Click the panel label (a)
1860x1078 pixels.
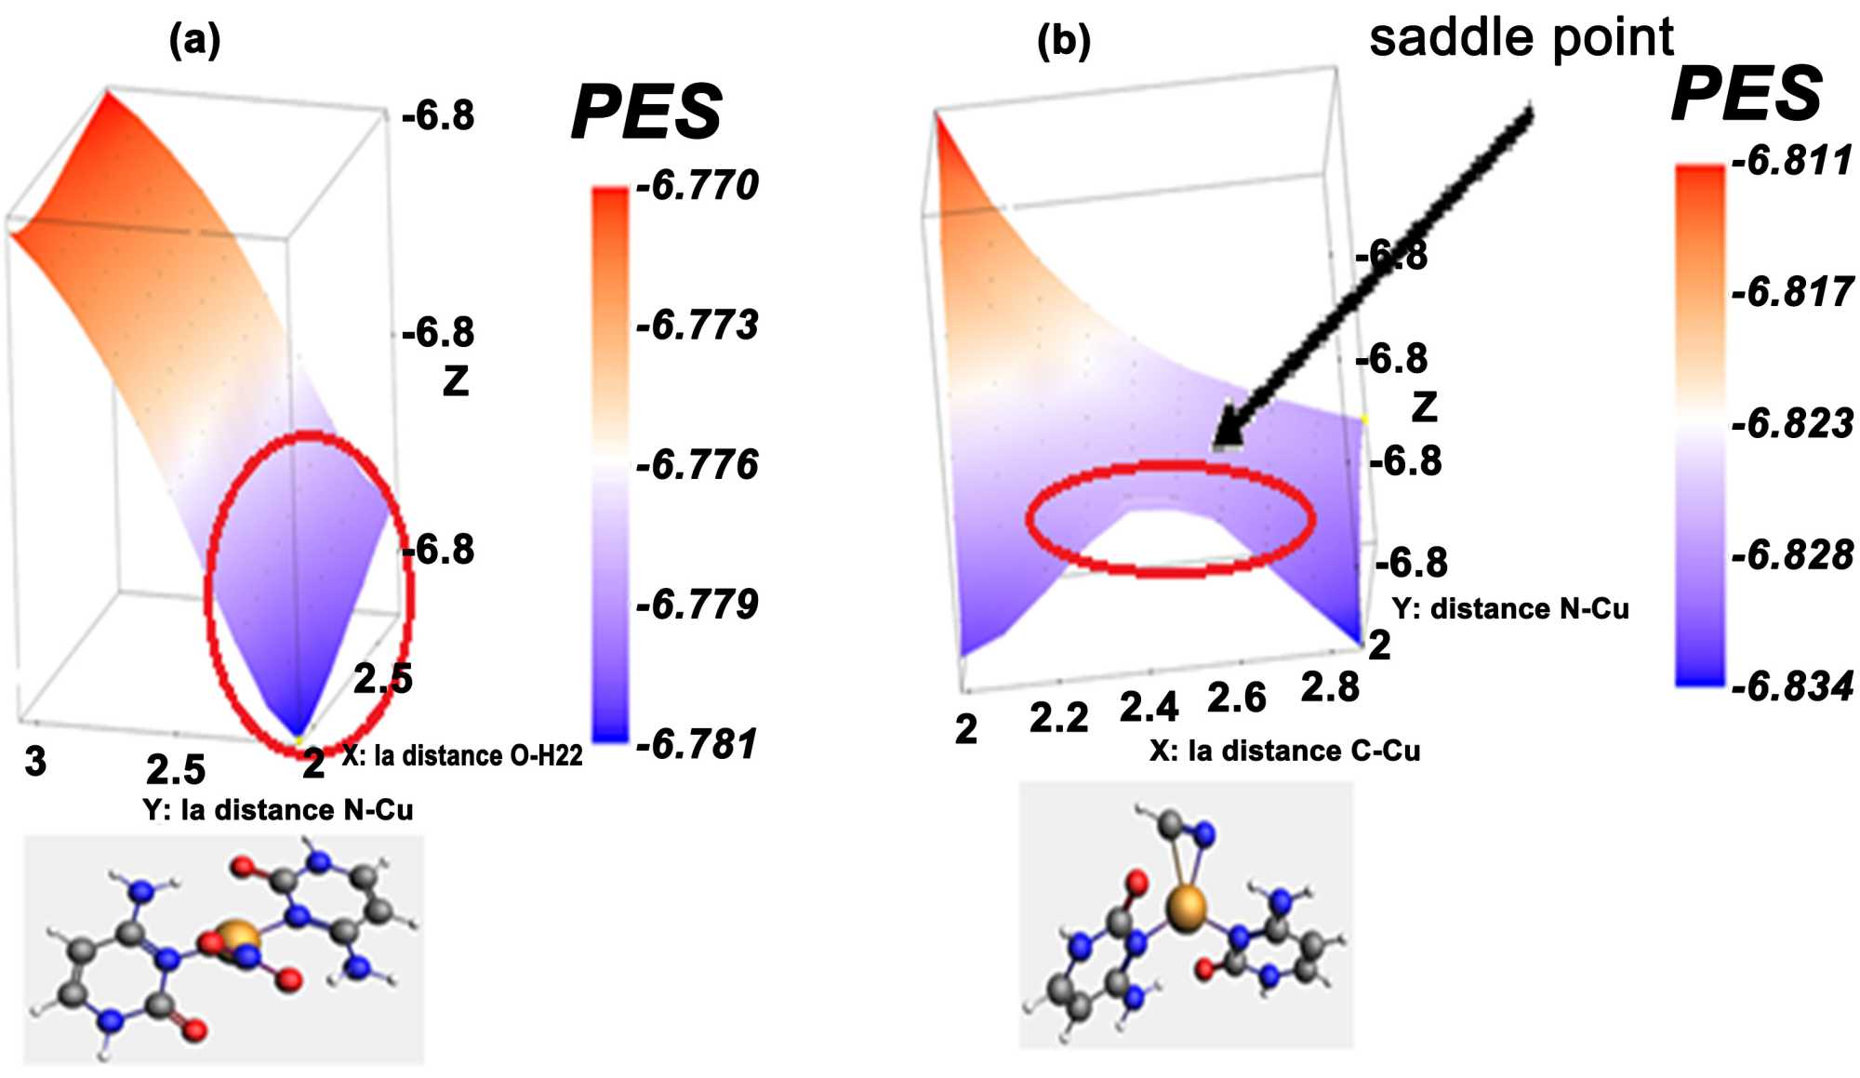tap(194, 40)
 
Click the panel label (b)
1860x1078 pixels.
tap(1063, 40)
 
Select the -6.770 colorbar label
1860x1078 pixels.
tap(697, 185)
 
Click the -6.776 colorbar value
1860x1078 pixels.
tap(697, 464)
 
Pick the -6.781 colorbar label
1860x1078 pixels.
tap(697, 744)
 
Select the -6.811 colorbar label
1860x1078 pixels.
tap(1791, 160)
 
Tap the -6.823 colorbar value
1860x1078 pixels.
tap(1791, 423)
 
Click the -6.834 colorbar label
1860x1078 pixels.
tap(1791, 686)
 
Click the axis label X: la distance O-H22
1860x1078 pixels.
tap(462, 755)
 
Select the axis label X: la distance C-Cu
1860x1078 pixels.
tap(1284, 751)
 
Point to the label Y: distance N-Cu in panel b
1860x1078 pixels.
tap(1510, 608)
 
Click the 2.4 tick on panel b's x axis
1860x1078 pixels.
tap(1149, 707)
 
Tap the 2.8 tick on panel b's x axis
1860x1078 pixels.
tap(1330, 687)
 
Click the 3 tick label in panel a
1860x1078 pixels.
tap(35, 762)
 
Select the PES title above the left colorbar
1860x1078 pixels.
tap(646, 112)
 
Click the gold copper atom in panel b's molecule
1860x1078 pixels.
tap(1186, 908)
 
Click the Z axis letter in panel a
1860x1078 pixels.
tap(455, 380)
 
